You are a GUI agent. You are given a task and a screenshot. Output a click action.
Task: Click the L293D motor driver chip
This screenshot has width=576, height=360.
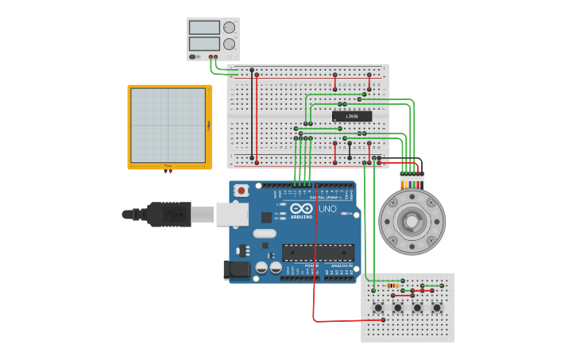(352, 116)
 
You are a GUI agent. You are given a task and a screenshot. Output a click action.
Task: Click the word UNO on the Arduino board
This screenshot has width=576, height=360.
(327, 209)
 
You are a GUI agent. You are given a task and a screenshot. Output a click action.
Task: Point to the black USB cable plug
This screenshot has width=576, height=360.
(168, 214)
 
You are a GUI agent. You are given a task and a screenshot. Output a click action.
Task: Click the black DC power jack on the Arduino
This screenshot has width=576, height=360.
(237, 270)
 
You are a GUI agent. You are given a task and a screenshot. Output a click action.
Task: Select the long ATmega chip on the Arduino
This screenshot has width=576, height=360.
(318, 253)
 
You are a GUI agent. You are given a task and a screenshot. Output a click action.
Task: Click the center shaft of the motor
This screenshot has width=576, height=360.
(412, 221)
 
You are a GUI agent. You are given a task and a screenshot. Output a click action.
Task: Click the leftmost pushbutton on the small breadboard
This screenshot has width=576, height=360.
(378, 308)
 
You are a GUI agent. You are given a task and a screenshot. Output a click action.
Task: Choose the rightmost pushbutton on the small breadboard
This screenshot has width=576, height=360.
(436, 308)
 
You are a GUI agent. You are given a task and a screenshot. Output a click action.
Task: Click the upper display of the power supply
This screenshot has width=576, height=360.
(204, 28)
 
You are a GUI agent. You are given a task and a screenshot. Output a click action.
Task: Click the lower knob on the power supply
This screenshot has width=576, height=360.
(230, 44)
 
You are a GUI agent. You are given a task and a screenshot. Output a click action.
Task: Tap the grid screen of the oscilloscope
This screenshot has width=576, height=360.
(168, 126)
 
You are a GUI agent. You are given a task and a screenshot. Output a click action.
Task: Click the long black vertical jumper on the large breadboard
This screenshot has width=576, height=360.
(253, 115)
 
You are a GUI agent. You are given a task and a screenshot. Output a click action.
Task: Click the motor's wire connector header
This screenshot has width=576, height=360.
(412, 176)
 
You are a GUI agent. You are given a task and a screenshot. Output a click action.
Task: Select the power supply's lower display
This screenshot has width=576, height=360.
(204, 44)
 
